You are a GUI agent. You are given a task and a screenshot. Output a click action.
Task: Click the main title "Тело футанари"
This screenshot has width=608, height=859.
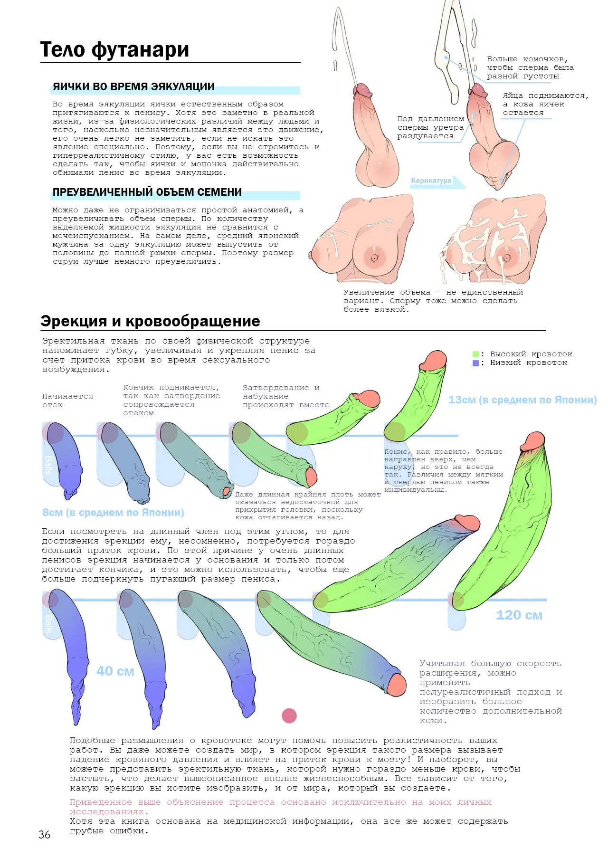[114, 49]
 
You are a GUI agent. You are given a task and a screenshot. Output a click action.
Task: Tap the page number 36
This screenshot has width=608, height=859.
[44, 834]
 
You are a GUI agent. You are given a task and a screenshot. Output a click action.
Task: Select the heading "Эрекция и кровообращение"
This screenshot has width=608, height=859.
[150, 321]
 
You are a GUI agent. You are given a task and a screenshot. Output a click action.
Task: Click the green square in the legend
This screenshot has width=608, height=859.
[475, 354]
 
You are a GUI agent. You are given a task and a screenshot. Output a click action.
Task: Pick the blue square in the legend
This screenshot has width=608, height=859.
[475, 363]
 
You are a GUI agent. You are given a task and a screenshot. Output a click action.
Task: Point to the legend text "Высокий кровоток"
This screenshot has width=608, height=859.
[531, 354]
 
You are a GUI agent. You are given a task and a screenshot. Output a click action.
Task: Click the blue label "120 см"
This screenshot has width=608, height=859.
[519, 615]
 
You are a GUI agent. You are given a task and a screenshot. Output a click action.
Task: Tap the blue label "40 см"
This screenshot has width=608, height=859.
[115, 671]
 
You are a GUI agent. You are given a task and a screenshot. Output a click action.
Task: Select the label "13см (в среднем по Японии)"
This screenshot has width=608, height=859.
[522, 400]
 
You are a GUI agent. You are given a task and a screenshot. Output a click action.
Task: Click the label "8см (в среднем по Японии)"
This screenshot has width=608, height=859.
[113, 513]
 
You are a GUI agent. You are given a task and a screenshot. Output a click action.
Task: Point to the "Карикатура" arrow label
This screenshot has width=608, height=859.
[434, 181]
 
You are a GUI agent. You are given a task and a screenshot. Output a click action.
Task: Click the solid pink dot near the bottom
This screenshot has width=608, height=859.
[289, 716]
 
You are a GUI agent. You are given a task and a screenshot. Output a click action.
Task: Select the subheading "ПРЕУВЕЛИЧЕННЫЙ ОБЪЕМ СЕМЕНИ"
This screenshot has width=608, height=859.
[147, 192]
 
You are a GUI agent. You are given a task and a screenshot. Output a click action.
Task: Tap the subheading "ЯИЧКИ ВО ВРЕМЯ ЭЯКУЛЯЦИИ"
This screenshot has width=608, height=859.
[133, 87]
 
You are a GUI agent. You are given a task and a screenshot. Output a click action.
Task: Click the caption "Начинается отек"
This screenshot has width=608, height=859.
[67, 401]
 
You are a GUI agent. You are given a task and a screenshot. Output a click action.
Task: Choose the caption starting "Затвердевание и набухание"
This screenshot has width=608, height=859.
[286, 396]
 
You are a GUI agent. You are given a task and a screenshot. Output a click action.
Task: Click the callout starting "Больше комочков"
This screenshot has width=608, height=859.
[530, 67]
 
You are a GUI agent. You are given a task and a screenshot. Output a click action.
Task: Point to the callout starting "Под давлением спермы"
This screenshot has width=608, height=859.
[430, 127]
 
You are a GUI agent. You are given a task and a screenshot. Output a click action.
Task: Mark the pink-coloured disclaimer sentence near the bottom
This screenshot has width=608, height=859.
[281, 807]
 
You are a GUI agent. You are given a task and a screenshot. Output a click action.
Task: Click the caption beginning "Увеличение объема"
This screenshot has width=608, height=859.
[433, 301]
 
